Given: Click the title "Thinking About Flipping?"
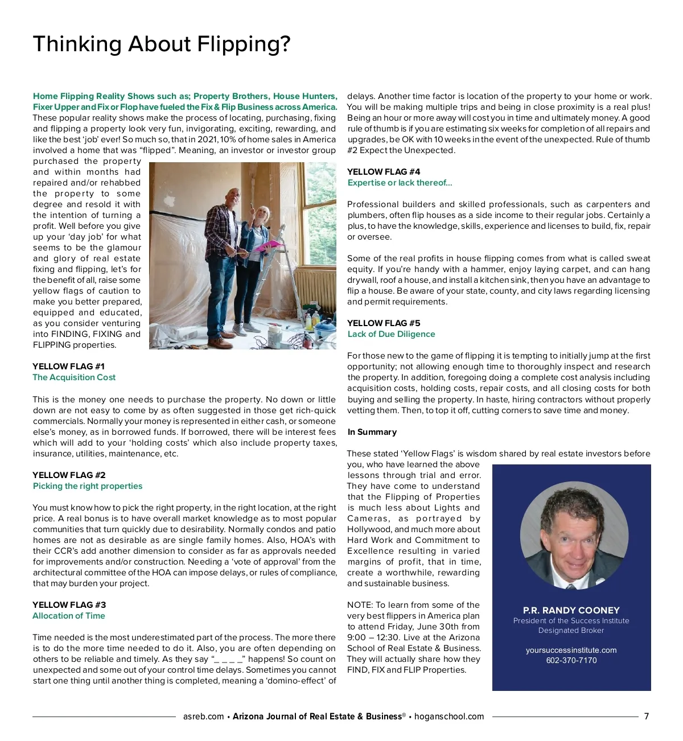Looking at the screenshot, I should click(x=162, y=44).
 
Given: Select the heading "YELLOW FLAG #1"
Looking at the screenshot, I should click(x=68, y=367).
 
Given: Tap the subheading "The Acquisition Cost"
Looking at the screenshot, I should click(x=74, y=377).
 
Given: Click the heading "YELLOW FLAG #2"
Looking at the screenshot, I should click(x=69, y=475).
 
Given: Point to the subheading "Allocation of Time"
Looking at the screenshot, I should click(x=69, y=616).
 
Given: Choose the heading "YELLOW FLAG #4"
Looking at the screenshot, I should click(x=384, y=172).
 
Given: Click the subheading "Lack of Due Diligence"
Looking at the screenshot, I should click(x=392, y=334).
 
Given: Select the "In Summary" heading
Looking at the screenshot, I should click(x=372, y=432).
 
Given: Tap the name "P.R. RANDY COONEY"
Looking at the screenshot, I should click(x=571, y=610).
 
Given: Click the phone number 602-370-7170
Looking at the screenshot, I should click(x=571, y=660).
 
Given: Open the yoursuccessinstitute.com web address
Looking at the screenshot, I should click(x=571, y=650).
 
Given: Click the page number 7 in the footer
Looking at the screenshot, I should click(x=647, y=717).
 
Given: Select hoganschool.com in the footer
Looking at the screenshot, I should click(x=449, y=717).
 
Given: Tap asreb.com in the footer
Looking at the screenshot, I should click(x=204, y=717).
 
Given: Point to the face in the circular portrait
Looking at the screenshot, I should click(x=571, y=532).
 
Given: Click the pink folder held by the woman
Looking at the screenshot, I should click(x=268, y=246).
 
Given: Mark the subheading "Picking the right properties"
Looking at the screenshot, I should click(x=88, y=486).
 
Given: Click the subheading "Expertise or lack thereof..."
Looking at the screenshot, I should click(x=400, y=183).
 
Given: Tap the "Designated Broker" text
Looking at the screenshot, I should click(x=571, y=631).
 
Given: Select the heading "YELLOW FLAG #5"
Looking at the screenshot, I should click(x=384, y=323).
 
